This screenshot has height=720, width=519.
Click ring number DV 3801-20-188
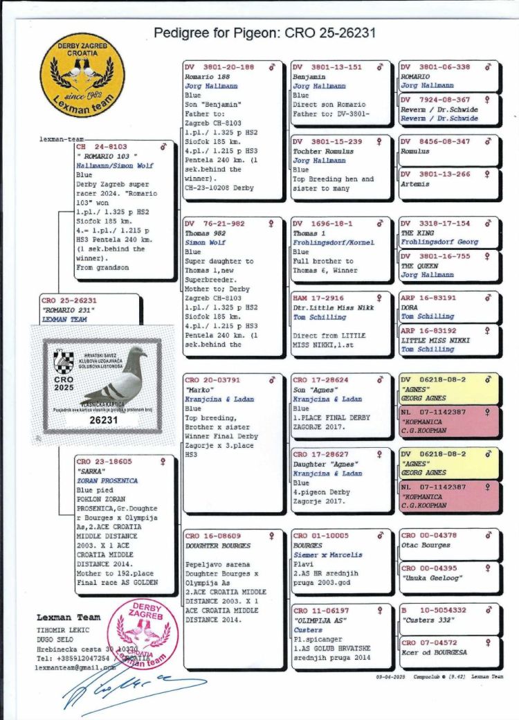[x=219, y=67]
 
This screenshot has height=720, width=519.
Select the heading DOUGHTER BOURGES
[x=218, y=546]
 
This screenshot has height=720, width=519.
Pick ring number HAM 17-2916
[x=318, y=298]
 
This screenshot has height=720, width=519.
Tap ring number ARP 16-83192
[x=428, y=332]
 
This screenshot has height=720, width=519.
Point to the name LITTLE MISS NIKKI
[x=435, y=341]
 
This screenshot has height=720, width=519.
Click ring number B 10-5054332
[x=434, y=611]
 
